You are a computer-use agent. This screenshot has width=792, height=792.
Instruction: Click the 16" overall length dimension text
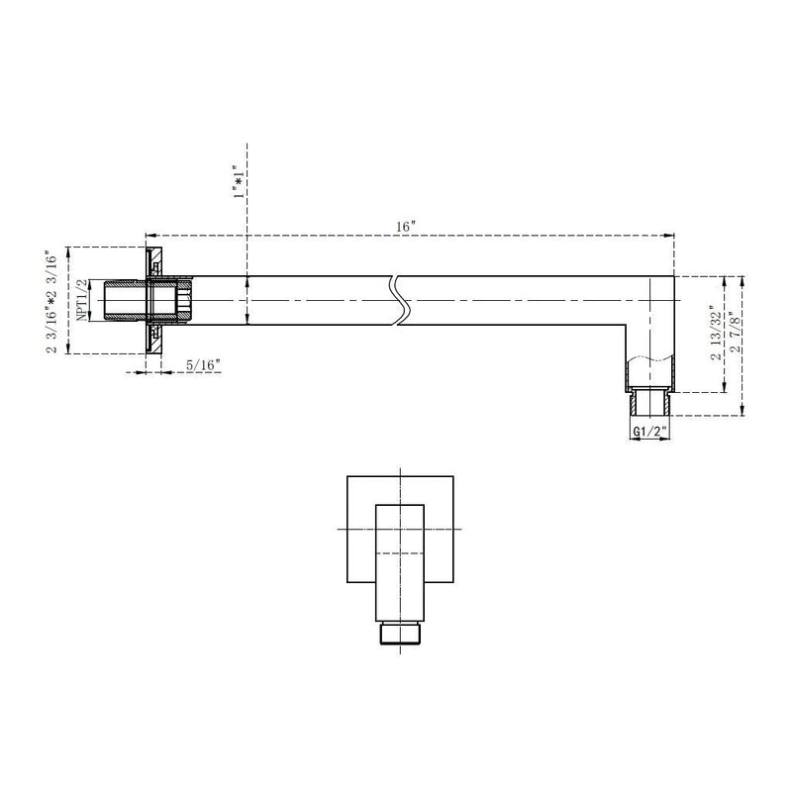[405, 227]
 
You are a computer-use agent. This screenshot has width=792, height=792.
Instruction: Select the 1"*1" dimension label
[237, 182]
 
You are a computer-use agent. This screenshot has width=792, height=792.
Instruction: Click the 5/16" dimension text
[203, 366]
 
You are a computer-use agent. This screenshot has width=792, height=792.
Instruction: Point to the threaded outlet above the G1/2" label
[650, 404]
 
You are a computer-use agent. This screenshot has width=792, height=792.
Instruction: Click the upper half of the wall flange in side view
[155, 263]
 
